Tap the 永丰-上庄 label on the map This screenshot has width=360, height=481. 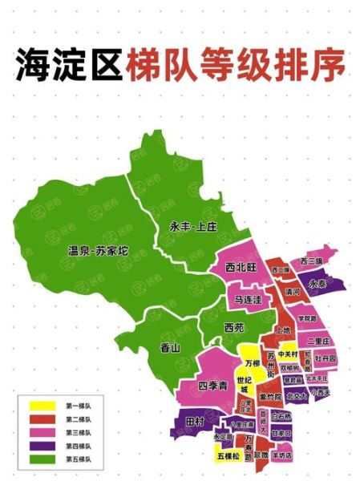tap(192, 227)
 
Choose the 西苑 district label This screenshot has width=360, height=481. tap(233, 327)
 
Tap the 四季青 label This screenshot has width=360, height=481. tap(214, 385)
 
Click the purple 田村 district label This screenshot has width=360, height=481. tap(194, 421)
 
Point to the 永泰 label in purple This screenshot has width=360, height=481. tap(318, 283)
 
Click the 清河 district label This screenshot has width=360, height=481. tap(292, 293)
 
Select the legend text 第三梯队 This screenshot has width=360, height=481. tap(78, 433)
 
